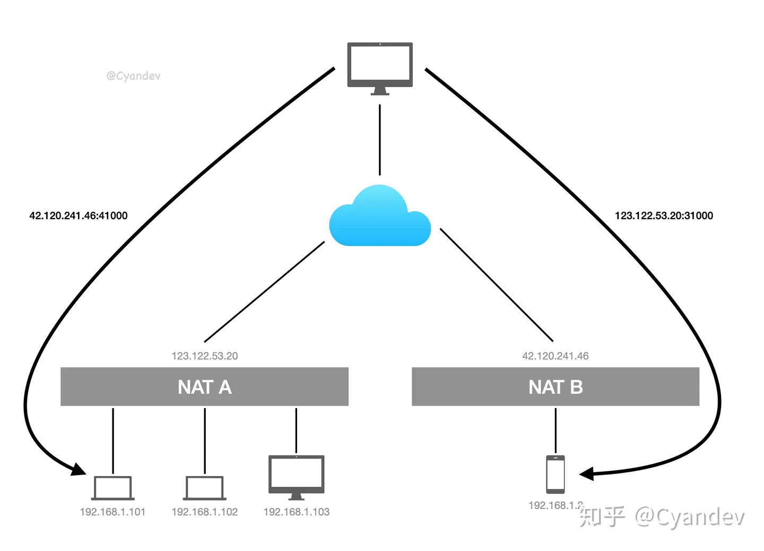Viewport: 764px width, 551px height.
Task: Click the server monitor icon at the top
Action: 379,66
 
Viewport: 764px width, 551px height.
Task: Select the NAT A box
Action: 204,386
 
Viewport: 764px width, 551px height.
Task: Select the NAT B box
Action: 555,386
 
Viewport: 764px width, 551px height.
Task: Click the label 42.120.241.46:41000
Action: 79,216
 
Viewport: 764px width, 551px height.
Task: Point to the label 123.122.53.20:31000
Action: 664,216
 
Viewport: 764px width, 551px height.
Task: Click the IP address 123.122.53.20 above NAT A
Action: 205,356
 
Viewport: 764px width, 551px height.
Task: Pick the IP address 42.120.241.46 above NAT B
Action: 555,356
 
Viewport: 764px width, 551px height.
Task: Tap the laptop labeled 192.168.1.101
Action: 112,488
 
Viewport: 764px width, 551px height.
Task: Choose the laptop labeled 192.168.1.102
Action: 204,488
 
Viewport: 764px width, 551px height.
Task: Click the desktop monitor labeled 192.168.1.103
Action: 296,475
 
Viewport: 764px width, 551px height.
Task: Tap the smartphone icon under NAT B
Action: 555,474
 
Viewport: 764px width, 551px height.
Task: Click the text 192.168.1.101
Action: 112,512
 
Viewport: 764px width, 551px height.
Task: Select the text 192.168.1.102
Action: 204,512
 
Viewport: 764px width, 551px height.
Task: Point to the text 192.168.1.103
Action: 296,512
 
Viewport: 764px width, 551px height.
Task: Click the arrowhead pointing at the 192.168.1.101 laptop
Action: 79,470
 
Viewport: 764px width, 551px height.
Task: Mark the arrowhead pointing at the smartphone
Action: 587,473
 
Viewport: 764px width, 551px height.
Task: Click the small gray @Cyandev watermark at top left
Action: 133,76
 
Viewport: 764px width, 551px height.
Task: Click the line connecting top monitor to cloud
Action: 379,139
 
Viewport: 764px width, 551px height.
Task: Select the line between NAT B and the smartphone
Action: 555,430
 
